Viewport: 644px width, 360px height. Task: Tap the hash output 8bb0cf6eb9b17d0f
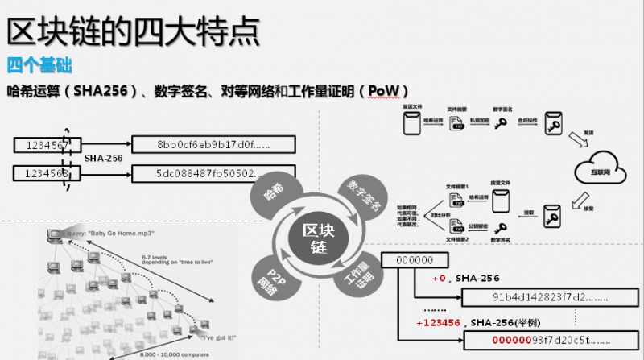pyautogui.click(x=213, y=145)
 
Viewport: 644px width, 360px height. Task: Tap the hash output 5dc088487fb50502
pyautogui.click(x=213, y=173)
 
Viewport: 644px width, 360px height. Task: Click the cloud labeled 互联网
pyautogui.click(x=597, y=168)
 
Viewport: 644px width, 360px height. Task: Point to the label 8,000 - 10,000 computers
pyautogui.click(x=165, y=354)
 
